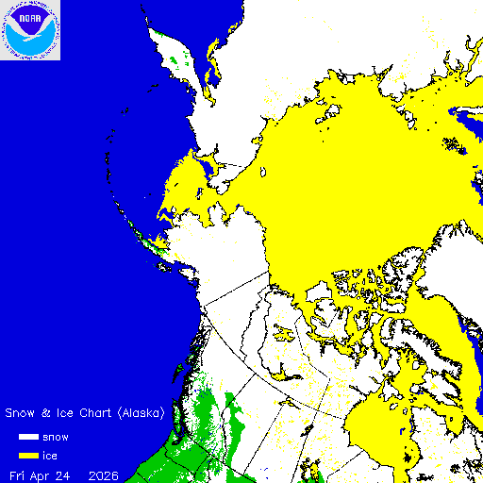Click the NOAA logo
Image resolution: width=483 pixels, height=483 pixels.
tap(30, 30)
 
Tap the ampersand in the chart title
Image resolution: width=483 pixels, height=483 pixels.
tap(45, 413)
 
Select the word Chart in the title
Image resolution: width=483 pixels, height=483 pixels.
tap(97, 413)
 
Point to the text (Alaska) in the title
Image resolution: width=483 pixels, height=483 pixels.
tap(143, 413)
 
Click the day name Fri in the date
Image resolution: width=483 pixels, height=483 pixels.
tap(17, 475)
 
